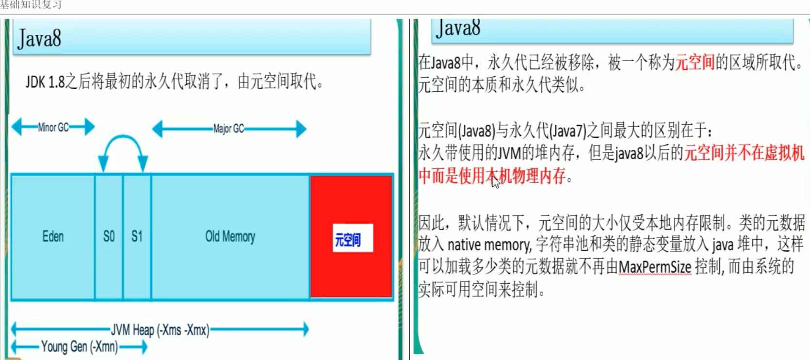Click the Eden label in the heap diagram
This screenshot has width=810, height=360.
pyautogui.click(x=53, y=236)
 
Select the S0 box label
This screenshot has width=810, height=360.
pyautogui.click(x=109, y=236)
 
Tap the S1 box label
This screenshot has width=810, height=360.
pyautogui.click(x=137, y=236)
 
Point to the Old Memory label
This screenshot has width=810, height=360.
pyautogui.click(x=230, y=236)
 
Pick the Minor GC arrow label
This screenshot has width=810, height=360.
pyautogui.click(x=53, y=128)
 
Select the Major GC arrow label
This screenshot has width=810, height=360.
pyautogui.click(x=228, y=129)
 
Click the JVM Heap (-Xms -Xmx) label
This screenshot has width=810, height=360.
pyautogui.click(x=160, y=330)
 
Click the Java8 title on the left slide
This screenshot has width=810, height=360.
pyautogui.click(x=39, y=39)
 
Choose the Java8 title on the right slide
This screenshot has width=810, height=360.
pyautogui.click(x=458, y=28)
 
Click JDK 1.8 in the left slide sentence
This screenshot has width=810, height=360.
pyautogui.click(x=45, y=82)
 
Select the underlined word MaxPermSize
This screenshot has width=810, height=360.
pyautogui.click(x=655, y=267)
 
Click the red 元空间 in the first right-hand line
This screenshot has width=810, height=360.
pyautogui.click(x=695, y=62)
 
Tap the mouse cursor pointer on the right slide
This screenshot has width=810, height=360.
pyautogui.click(x=494, y=180)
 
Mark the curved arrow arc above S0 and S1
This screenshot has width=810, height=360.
pyautogui.click(x=123, y=138)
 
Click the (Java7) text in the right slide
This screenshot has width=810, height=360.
pyautogui.click(x=567, y=131)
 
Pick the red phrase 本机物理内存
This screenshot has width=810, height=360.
pyautogui.click(x=526, y=176)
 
